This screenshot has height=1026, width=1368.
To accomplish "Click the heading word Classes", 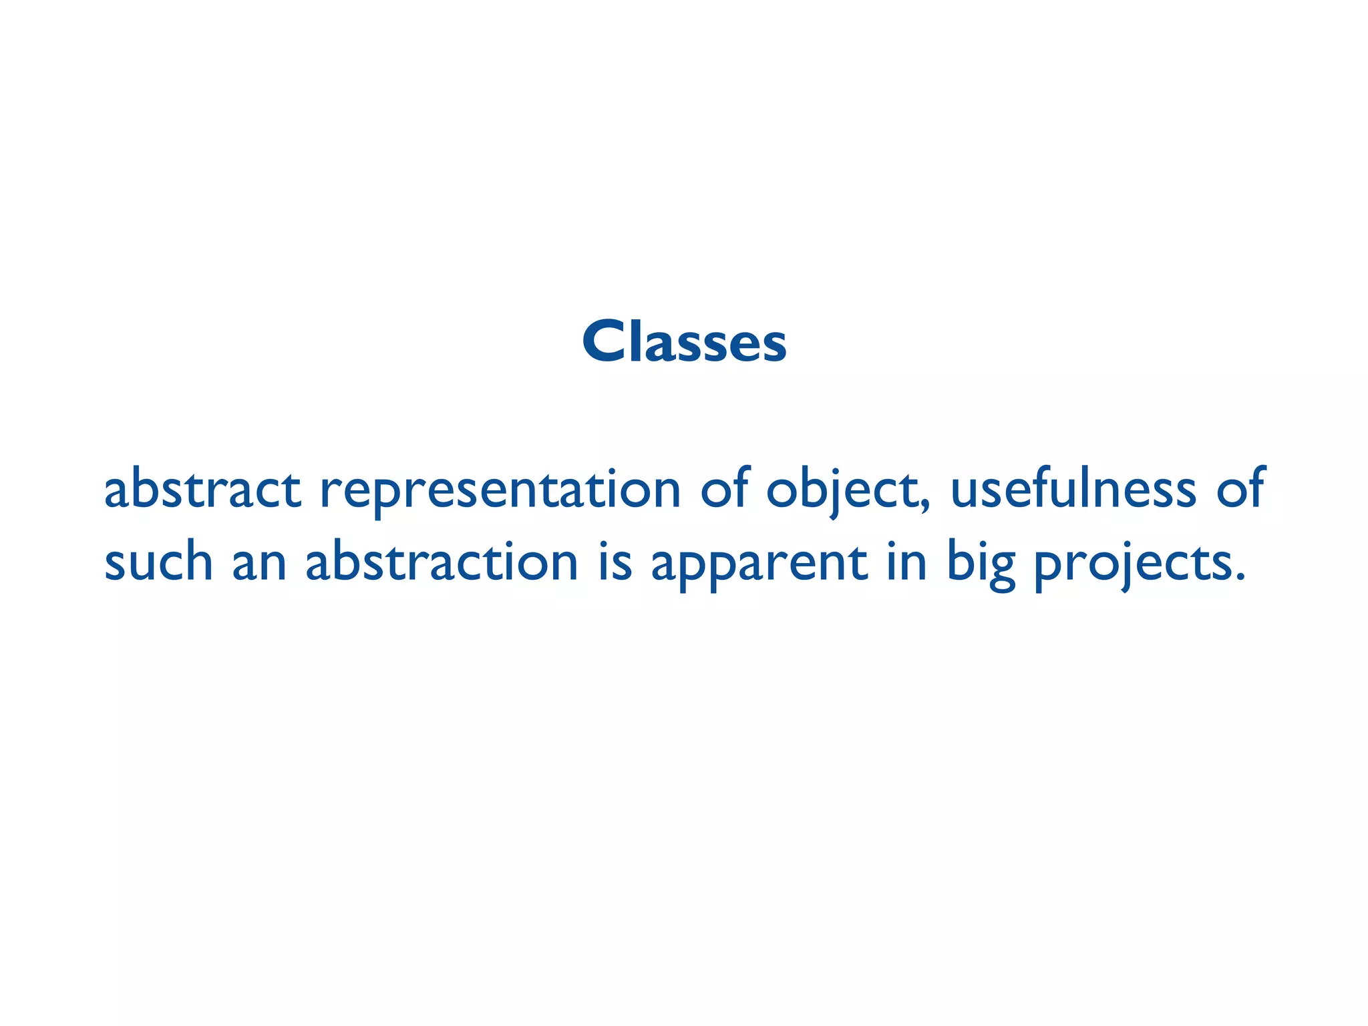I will pyautogui.click(x=684, y=342).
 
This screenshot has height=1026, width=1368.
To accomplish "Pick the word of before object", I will pyautogui.click(x=723, y=488).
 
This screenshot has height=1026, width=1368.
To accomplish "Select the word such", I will pyautogui.click(x=158, y=561).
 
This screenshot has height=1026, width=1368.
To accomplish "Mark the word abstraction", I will pyautogui.click(x=442, y=561).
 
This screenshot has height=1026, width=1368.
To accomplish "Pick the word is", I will pyautogui.click(x=615, y=561).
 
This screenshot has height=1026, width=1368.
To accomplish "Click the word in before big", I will pyautogui.click(x=907, y=561).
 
